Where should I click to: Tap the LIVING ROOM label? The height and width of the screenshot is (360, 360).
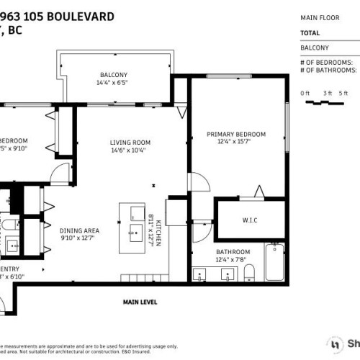pos(130,142)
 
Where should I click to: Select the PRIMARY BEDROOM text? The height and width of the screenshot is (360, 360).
pos(236,134)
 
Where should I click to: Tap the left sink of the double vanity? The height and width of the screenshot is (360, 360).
pos(202,274)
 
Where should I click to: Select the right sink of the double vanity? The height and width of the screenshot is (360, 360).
pos(230,274)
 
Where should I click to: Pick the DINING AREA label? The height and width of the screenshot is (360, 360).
pos(79,230)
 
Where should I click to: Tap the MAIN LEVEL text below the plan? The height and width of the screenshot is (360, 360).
pos(139,302)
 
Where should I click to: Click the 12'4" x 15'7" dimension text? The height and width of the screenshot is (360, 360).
pos(236,143)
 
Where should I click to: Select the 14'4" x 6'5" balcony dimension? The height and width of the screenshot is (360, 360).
pos(114,83)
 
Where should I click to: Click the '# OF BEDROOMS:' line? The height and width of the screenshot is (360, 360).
pos(328,63)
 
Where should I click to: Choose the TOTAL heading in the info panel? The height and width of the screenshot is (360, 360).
pos(310,33)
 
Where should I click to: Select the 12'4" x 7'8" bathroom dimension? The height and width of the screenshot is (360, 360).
pos(231,259)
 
